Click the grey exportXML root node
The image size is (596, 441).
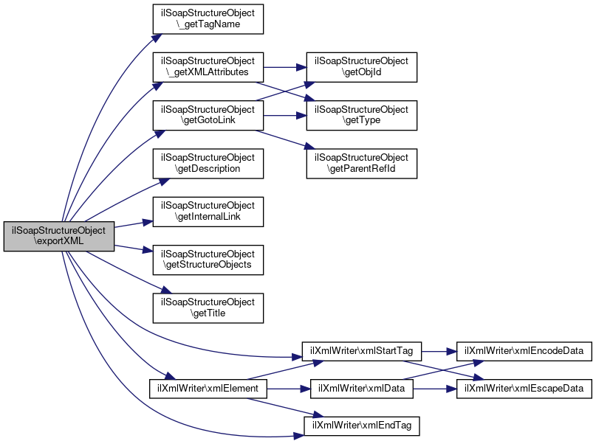click(x=59, y=236)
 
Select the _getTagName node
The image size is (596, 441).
click(x=208, y=18)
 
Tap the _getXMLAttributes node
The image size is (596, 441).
click(x=208, y=66)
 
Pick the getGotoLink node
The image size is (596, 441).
click(x=208, y=114)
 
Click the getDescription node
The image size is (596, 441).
click(x=208, y=163)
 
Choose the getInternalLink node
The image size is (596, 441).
click(x=208, y=211)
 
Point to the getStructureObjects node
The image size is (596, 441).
click(x=208, y=260)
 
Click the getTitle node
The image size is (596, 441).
click(x=208, y=308)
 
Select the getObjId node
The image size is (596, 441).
click(x=362, y=66)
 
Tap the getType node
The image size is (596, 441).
click(x=362, y=114)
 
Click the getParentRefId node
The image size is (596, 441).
click(x=362, y=163)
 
